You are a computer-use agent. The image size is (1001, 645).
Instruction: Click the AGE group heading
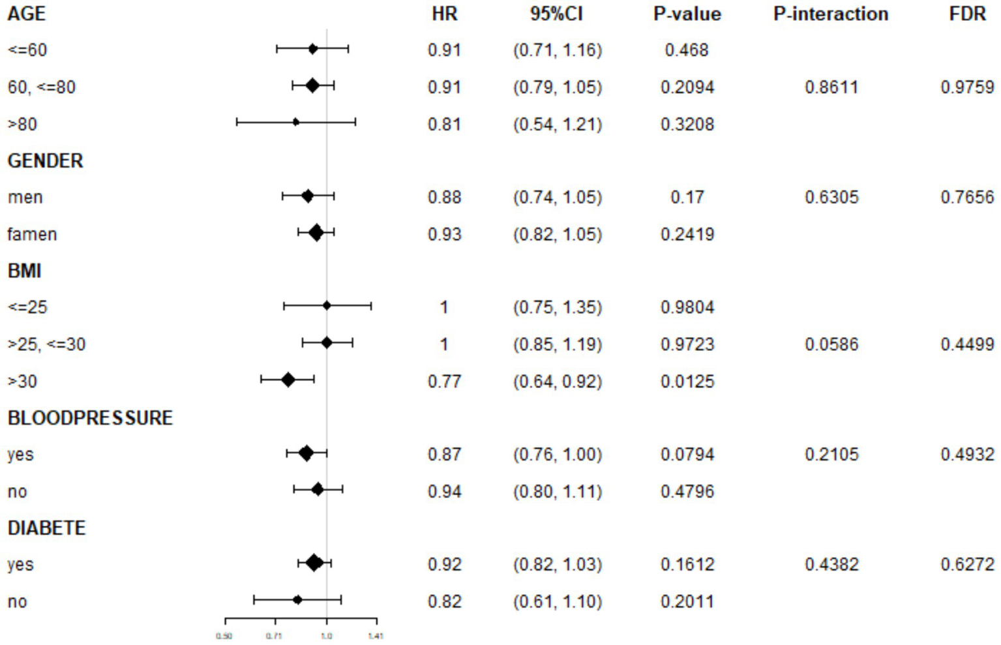(x=27, y=14)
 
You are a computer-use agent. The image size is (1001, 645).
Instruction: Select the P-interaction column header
(x=831, y=14)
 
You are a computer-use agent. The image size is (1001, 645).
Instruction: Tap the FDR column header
(x=967, y=14)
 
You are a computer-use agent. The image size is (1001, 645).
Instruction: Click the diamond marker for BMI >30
(x=288, y=380)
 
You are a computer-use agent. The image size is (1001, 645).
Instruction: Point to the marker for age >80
(x=296, y=122)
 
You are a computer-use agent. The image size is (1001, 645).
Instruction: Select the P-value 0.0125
(x=687, y=381)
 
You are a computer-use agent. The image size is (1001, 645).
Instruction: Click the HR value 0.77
(x=444, y=381)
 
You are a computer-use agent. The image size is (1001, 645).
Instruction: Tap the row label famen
(x=32, y=234)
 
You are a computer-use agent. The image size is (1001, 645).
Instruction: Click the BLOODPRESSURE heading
(x=90, y=417)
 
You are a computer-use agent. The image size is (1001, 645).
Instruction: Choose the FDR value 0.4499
(x=967, y=344)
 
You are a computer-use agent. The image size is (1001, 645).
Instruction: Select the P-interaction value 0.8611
(x=831, y=87)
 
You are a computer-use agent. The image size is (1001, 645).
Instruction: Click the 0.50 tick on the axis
(x=224, y=635)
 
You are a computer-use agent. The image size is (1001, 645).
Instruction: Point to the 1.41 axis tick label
(x=376, y=635)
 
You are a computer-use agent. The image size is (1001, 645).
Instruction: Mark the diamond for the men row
(x=308, y=196)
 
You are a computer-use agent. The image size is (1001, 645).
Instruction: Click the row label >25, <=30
(x=46, y=344)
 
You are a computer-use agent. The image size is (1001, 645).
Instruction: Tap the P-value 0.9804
(x=687, y=307)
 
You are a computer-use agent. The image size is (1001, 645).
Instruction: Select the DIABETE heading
(x=46, y=528)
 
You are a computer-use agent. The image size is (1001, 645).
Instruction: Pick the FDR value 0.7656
(x=967, y=197)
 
